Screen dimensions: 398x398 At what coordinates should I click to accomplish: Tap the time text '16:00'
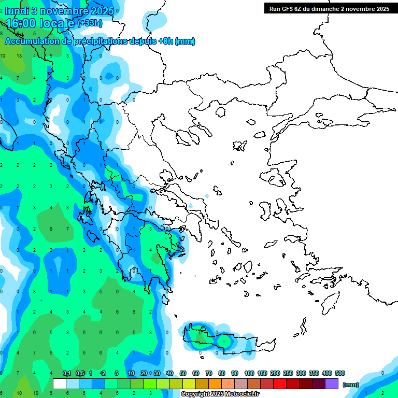[23, 23]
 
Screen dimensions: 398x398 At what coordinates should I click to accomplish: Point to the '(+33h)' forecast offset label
[90, 23]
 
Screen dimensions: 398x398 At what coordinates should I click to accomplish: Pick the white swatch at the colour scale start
[60, 384]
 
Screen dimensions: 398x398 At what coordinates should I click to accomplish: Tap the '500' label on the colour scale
[340, 373]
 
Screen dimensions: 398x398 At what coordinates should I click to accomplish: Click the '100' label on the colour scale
[249, 373]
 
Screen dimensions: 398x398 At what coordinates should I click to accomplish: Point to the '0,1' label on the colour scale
[67, 373]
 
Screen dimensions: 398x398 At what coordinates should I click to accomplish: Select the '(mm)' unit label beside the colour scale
[351, 385]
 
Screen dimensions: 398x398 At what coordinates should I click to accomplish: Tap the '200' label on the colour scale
[275, 373]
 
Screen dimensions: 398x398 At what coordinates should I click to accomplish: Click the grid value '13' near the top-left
[19, 55]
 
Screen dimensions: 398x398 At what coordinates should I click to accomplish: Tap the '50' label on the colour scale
[183, 373]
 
